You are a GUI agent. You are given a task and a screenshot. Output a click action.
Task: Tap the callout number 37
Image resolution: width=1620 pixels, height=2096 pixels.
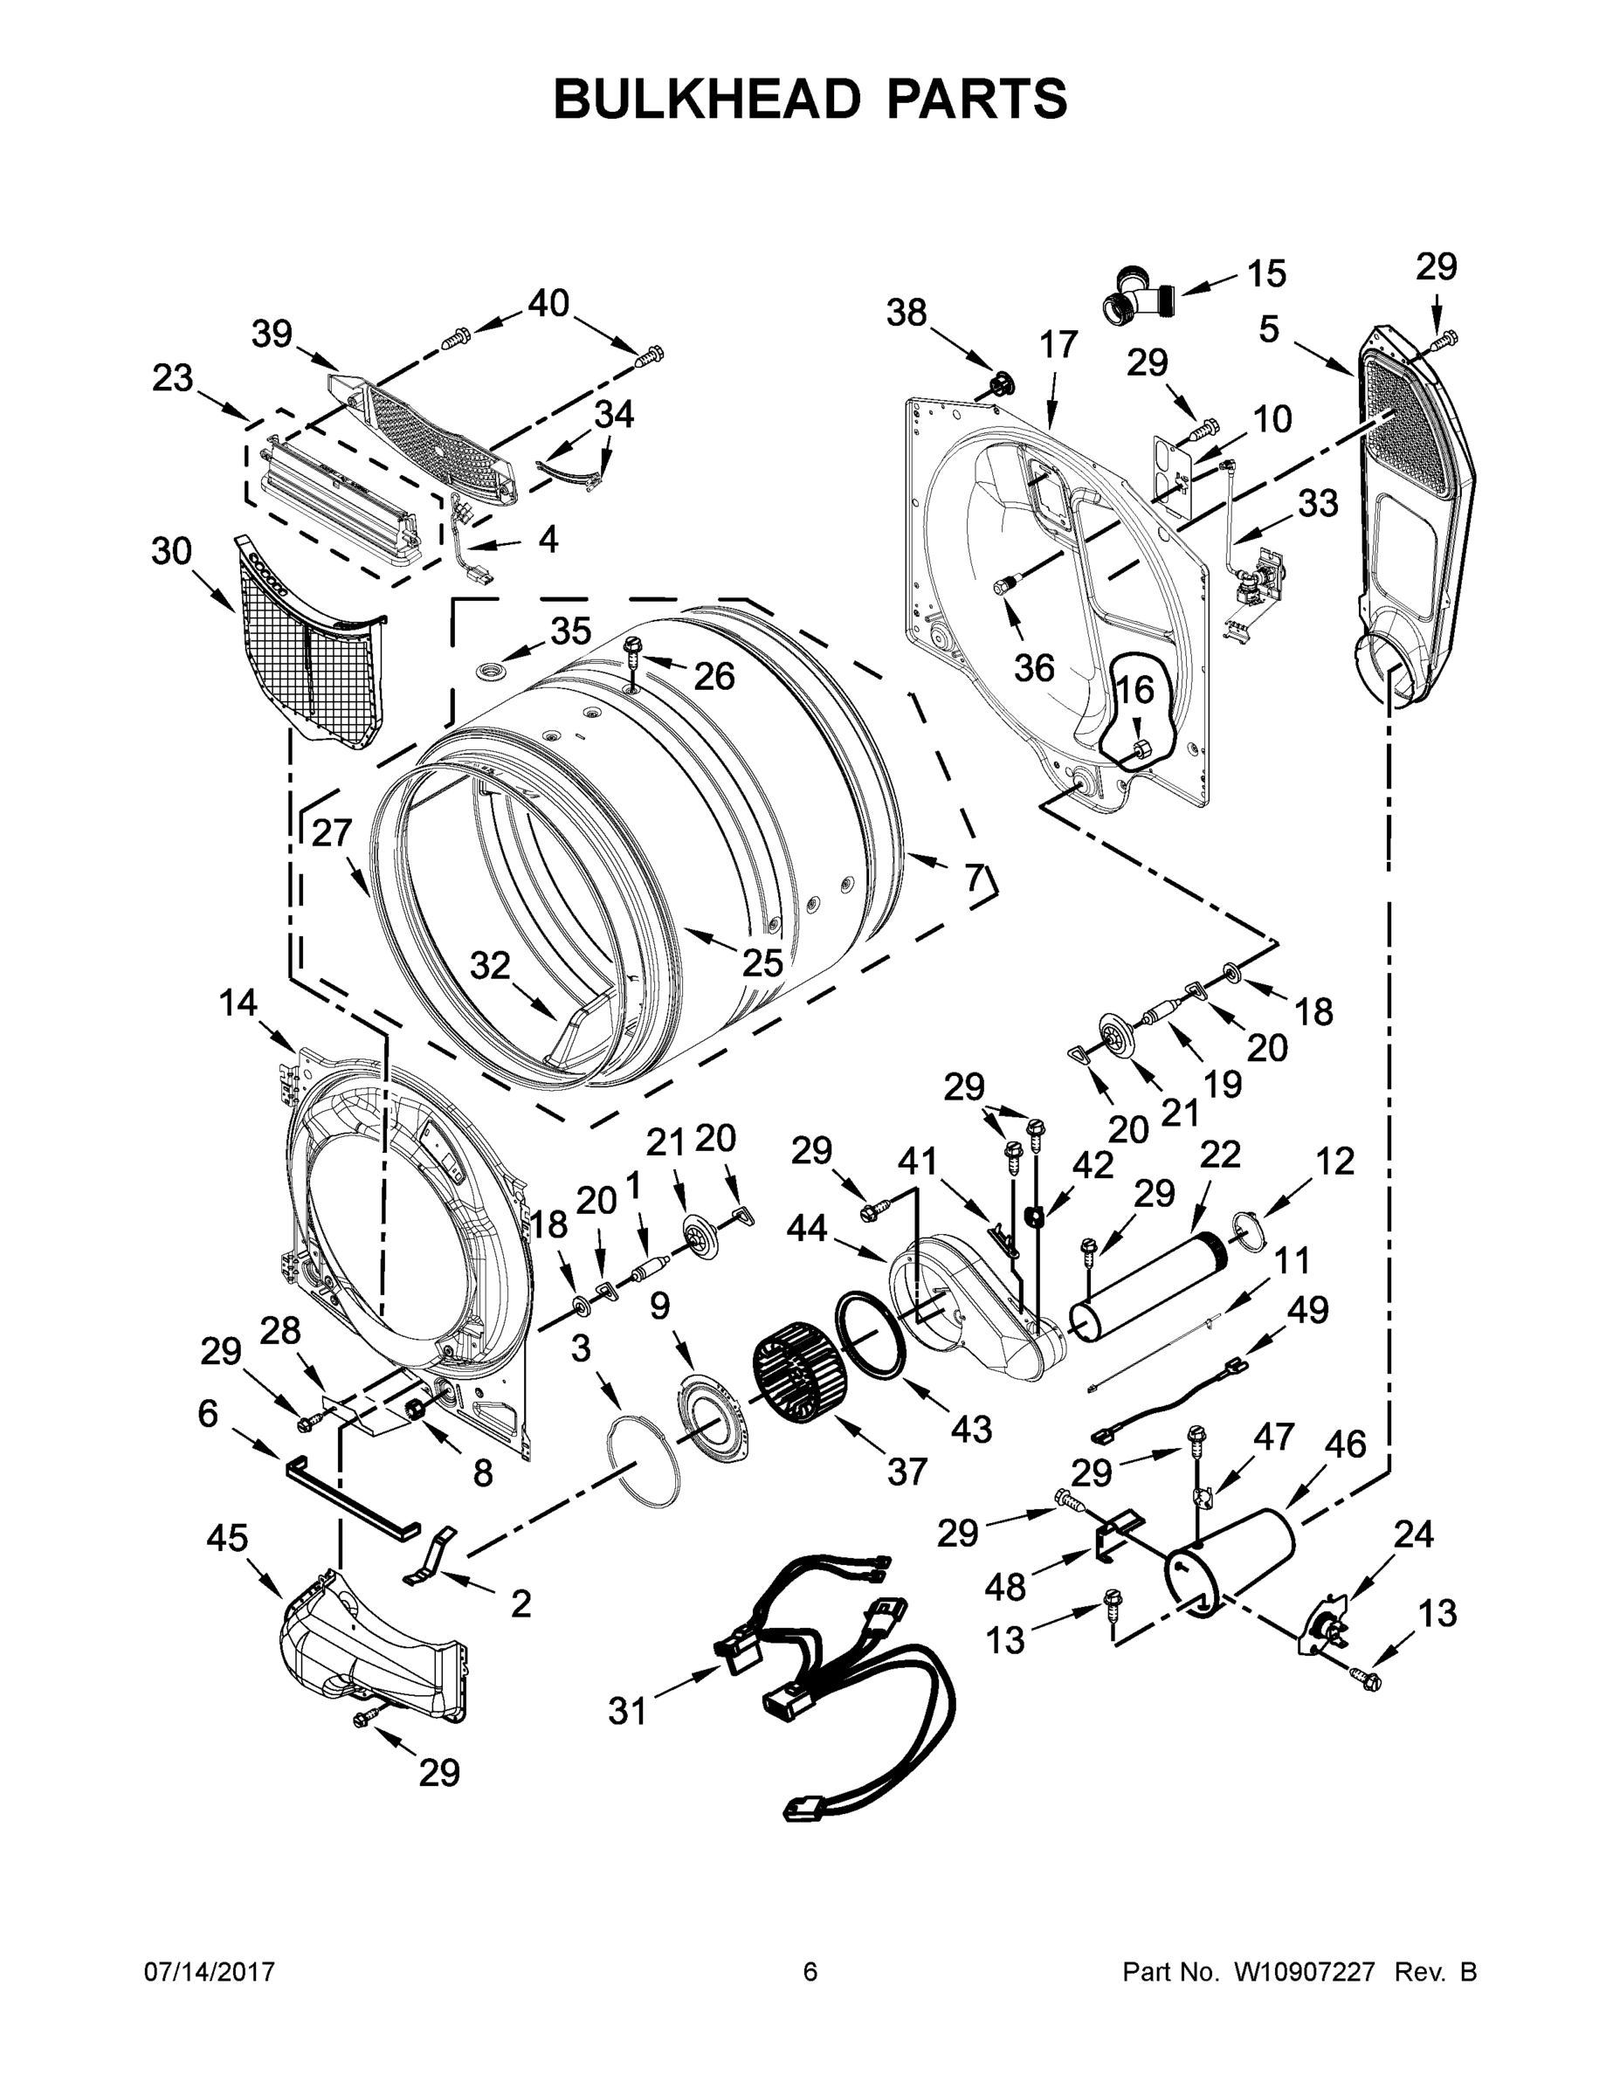pos(907,1471)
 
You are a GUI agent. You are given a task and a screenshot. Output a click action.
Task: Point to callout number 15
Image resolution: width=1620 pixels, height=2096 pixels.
pos(1265,273)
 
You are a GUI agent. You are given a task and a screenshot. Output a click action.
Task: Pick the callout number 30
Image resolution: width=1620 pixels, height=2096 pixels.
pos(172,552)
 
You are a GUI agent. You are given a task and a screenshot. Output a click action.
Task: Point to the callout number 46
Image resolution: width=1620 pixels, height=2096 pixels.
pos(1345,1444)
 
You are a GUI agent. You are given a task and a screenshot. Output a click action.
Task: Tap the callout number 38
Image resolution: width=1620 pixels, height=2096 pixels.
pos(907,312)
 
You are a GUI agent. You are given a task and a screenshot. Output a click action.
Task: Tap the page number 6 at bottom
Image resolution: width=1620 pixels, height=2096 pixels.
pos(810,1972)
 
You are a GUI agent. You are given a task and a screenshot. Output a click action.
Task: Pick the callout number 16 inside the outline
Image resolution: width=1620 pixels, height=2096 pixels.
pos(1134,689)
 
